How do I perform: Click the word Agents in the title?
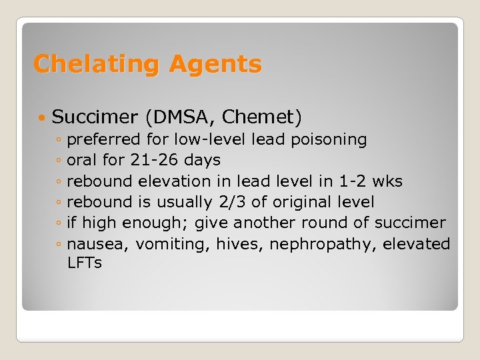[215, 65]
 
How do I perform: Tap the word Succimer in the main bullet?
[94, 118]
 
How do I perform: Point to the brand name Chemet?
[259, 118]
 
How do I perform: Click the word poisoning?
[329, 140]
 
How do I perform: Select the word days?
[205, 161]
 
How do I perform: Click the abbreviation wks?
[387, 181]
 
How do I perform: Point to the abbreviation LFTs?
[85, 263]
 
